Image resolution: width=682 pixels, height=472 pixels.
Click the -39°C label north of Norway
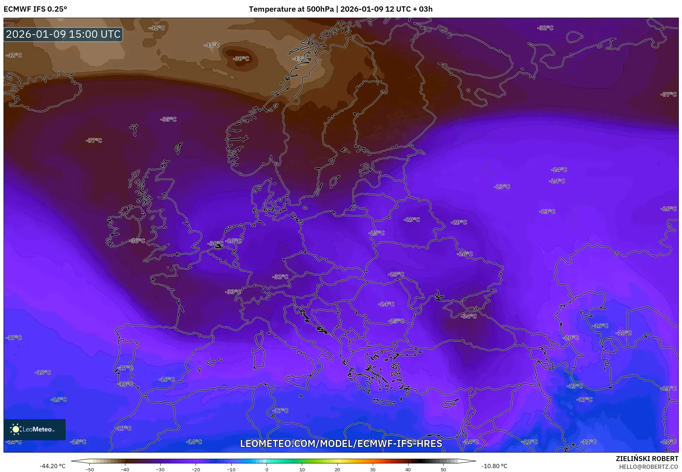tap(241, 59)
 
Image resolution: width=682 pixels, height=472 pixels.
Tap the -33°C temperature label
tap(233, 292)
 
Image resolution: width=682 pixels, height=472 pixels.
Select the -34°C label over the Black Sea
tap(468, 316)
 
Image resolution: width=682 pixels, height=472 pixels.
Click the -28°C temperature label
tap(396, 274)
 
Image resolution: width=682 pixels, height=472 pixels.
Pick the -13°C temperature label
tap(574, 386)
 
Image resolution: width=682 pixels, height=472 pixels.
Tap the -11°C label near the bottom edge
tap(588, 442)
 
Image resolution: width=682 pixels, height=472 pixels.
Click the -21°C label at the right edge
tap(669, 388)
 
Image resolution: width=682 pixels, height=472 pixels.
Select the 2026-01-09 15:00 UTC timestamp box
tap(63, 34)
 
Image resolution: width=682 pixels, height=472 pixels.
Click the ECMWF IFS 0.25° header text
tap(35, 9)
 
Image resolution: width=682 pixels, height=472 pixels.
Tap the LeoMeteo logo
tap(35, 429)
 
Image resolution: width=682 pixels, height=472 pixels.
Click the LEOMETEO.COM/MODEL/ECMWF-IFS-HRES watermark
tap(341, 443)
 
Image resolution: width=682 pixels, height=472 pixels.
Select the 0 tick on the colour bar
tap(267, 469)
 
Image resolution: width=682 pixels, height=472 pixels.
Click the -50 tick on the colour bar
tap(90, 469)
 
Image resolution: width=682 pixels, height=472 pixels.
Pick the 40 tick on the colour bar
tap(408, 469)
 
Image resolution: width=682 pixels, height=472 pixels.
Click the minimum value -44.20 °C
tap(52, 466)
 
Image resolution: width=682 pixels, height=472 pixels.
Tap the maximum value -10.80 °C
tap(494, 466)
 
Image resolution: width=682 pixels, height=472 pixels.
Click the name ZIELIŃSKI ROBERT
tap(647, 459)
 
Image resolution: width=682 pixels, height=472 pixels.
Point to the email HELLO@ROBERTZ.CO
tap(648, 467)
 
